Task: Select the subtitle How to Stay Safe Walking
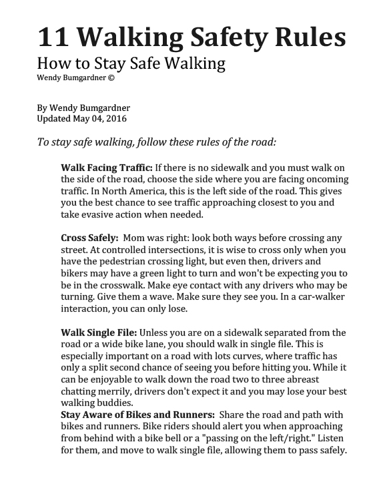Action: pyautogui.click(x=131, y=64)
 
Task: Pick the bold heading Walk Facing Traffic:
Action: pyautogui.click(x=107, y=166)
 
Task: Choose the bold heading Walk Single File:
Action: pyautogui.click(x=99, y=332)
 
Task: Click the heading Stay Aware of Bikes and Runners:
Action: pyautogui.click(x=136, y=414)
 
